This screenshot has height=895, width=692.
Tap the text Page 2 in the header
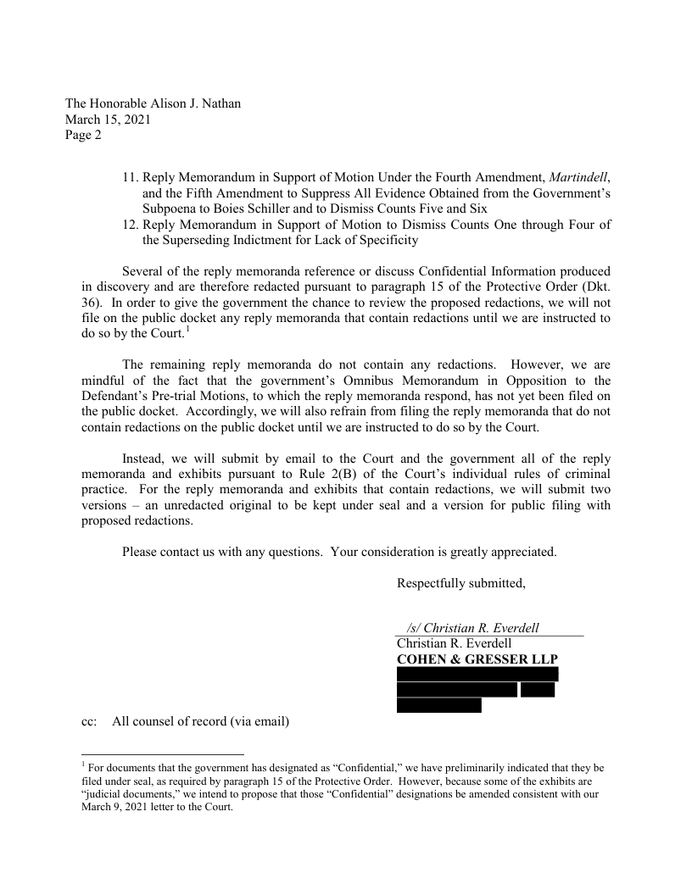tap(83, 135)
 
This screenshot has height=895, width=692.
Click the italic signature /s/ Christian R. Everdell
tap(473, 628)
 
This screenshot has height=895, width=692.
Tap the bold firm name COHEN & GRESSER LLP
tap(477, 659)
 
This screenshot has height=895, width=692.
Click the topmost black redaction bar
tap(477, 674)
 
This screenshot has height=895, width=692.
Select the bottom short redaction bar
tap(438, 705)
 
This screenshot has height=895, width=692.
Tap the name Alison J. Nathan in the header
tap(189, 103)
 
